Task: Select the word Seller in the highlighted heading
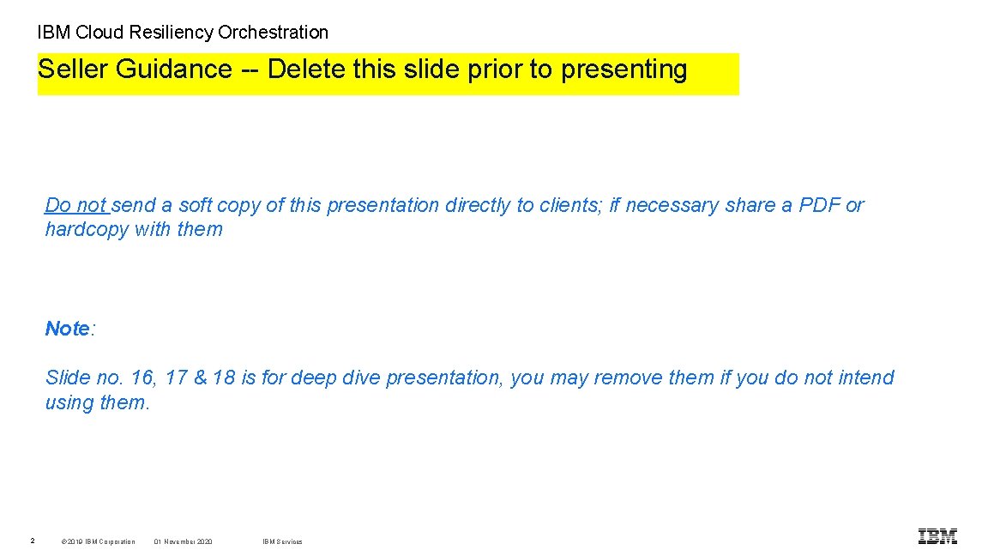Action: [72, 69]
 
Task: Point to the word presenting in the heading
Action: [624, 69]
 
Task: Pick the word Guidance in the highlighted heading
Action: [172, 69]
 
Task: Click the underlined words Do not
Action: [75, 205]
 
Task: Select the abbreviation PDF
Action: [819, 205]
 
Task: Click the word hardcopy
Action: [87, 229]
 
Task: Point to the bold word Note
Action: [68, 329]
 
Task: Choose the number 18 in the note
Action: [223, 378]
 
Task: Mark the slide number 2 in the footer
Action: [32, 541]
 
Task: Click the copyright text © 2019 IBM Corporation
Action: [99, 541]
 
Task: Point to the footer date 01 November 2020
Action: [184, 541]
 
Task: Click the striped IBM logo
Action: [937, 537]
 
